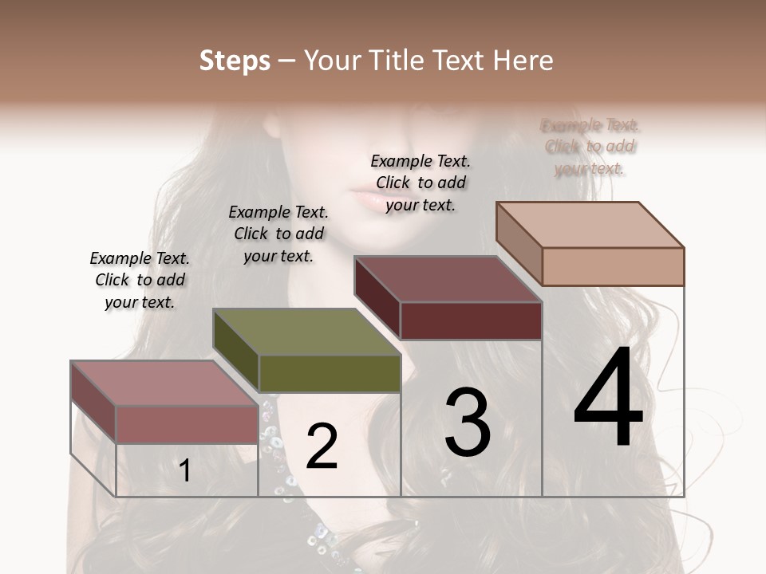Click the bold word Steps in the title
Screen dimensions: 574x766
click(234, 61)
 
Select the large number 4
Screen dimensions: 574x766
click(608, 399)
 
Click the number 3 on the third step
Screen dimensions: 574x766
click(468, 423)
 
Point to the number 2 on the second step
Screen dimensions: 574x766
click(322, 447)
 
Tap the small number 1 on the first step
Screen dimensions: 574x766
click(185, 471)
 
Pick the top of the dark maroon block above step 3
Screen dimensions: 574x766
click(447, 279)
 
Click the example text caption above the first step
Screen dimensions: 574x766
click(140, 281)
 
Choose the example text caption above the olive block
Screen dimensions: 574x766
click(278, 234)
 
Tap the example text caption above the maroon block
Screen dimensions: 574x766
click(421, 183)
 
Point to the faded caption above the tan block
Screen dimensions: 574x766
click(590, 147)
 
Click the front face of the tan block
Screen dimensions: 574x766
click(613, 266)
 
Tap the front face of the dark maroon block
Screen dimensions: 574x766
click(471, 321)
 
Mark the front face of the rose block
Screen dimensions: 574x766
click(187, 425)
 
